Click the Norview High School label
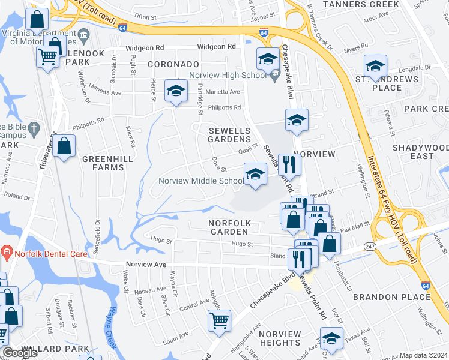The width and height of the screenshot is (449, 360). [x=228, y=75]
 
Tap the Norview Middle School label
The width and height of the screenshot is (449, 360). [x=200, y=181]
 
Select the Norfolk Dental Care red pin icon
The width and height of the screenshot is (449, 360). [x=7, y=250]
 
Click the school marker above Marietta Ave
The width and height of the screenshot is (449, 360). [x=175, y=91]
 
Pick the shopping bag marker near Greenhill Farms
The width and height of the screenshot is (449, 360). [x=64, y=146]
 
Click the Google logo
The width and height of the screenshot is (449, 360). [x=20, y=353]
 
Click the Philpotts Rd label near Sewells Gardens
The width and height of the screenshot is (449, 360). [x=224, y=108]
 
